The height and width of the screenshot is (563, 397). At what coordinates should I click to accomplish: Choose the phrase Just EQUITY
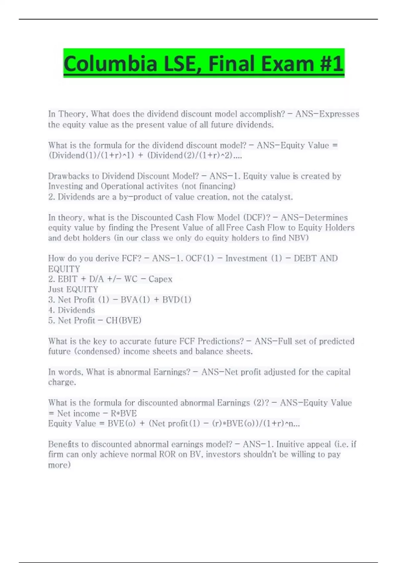pos(73,289)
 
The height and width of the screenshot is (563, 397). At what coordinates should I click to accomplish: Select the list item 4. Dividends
pos(71,310)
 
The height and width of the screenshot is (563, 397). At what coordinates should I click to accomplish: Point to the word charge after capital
pos(62,382)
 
